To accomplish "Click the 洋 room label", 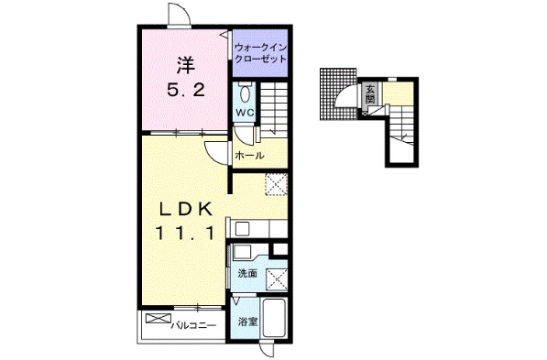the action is [185, 65].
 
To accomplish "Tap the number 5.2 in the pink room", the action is [185, 91].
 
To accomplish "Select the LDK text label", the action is [186, 209].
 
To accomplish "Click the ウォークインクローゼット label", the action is [260, 53].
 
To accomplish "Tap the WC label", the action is [246, 113].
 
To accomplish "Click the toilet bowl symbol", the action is [245, 93].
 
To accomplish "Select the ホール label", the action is [249, 155].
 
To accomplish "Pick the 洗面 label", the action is [247, 274].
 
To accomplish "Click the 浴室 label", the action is [247, 322].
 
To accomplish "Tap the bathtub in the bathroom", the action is [274, 318].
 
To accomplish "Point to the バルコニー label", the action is [193, 326].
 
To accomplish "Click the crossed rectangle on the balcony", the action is [159, 319].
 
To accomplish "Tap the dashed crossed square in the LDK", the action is [277, 184].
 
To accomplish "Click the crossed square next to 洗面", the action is [277, 279].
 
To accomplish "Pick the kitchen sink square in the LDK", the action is [241, 229].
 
